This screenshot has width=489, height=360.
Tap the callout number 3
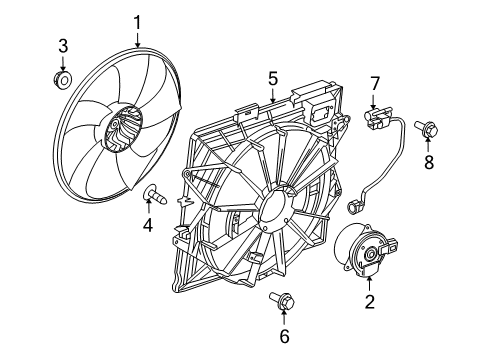point(62,46)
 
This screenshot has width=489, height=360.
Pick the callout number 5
point(271,75)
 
